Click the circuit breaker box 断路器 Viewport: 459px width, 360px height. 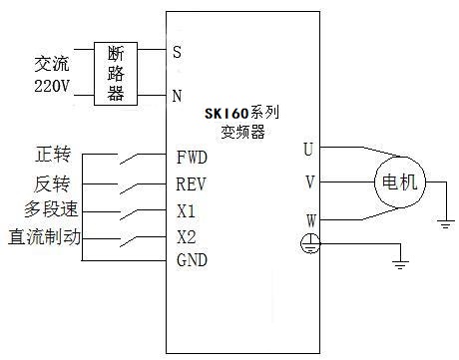(x=115, y=73)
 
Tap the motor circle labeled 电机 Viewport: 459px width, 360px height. (x=399, y=182)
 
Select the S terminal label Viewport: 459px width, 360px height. (x=178, y=49)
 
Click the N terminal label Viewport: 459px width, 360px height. (x=178, y=97)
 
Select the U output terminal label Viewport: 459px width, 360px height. (x=309, y=149)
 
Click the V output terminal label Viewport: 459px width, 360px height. (x=309, y=182)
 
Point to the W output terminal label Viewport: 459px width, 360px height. (x=309, y=219)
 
